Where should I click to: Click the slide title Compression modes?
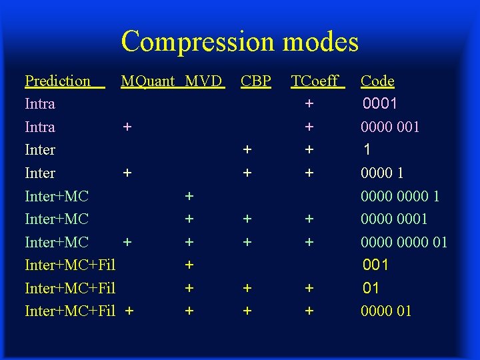coord(240,41)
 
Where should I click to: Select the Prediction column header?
coord(57,81)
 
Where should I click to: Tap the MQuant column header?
coord(147,81)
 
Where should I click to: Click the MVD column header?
coord(203,81)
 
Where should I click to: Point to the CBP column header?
coord(256,81)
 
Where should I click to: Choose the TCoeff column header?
coord(315,81)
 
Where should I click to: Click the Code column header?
coord(377,81)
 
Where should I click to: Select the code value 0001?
coord(380,104)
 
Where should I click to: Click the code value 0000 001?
coord(390,127)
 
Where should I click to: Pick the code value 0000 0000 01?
coord(404,242)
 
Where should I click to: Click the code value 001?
coord(375,265)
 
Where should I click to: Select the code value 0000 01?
coord(386,311)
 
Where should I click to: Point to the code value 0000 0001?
coord(394,219)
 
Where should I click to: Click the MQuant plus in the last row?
coord(129,311)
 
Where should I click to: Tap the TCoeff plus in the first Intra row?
coord(309,104)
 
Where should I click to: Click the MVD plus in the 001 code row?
coord(189,265)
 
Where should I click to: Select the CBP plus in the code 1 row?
coord(247,150)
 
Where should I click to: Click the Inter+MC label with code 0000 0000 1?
coord(57,196)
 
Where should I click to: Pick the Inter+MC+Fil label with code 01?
coord(70,288)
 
